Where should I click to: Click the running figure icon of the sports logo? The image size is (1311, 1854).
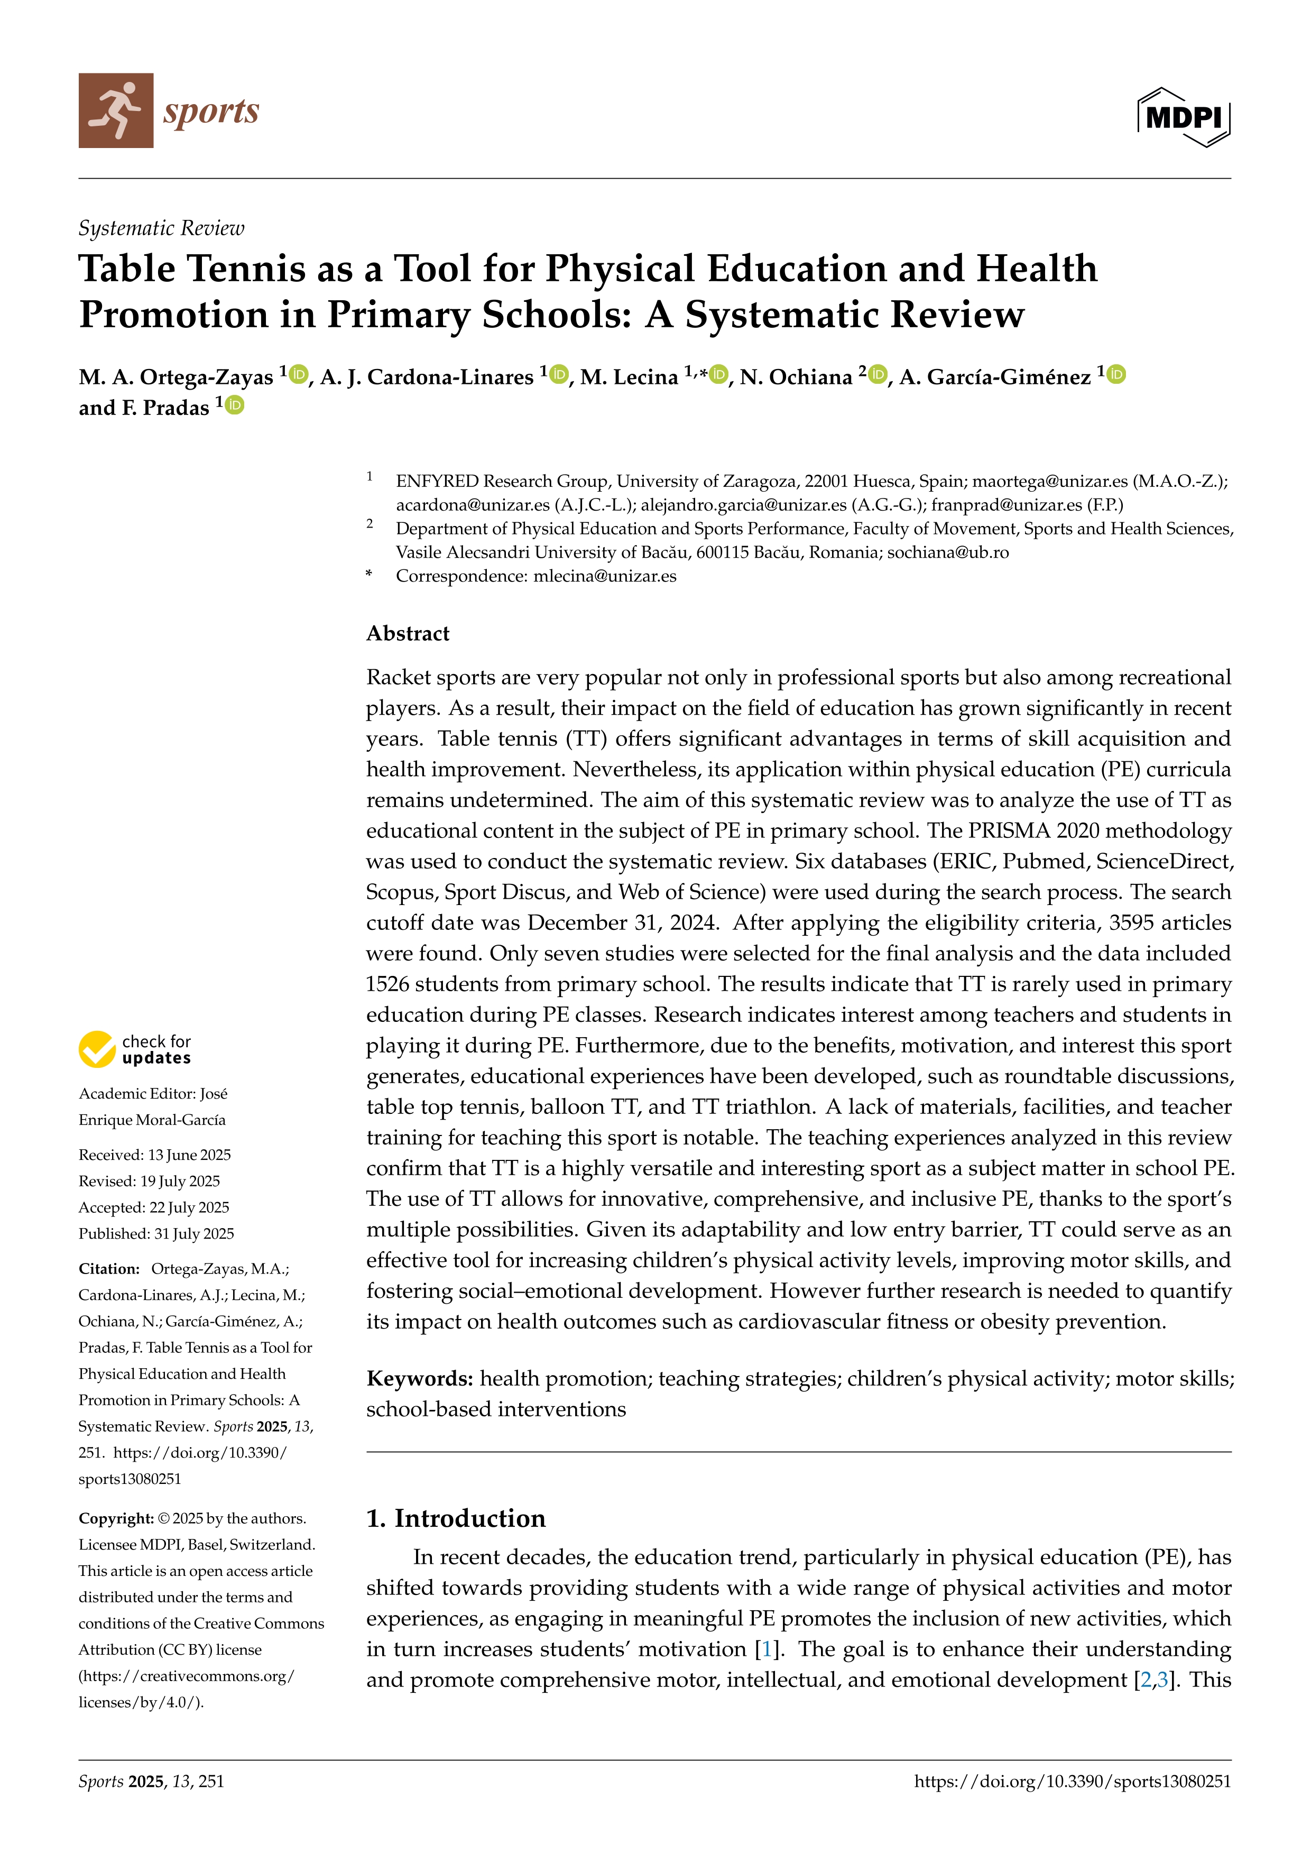(115, 110)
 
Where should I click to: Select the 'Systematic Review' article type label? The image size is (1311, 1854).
(161, 228)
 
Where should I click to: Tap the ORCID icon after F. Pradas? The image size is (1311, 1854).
(235, 405)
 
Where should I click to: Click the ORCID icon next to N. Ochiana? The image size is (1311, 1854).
(878, 375)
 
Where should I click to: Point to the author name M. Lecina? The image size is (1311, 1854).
(629, 377)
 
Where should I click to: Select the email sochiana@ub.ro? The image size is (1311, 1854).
(948, 552)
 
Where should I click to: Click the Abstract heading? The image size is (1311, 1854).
(408, 633)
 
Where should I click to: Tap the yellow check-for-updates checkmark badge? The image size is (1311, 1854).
(97, 1049)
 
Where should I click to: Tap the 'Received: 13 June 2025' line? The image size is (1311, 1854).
(154, 1155)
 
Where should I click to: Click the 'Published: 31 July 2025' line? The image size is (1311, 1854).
(156, 1234)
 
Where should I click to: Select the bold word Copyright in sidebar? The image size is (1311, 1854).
(115, 1518)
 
